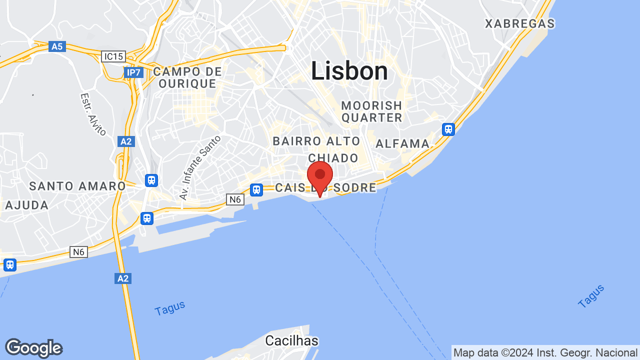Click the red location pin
[320, 176]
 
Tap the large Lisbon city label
[349, 71]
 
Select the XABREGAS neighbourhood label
[520, 23]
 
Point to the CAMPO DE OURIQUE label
[187, 77]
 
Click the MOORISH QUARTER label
[372, 111]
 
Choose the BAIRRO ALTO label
[316, 141]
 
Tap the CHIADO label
[333, 158]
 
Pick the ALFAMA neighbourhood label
[402, 144]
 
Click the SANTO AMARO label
[77, 186]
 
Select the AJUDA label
[27, 205]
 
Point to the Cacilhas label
[291, 341]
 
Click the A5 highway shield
[57, 46]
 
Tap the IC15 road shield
[113, 56]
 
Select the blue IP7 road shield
[134, 72]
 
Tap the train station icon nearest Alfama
[448, 129]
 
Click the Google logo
[33, 348]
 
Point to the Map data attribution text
[545, 352]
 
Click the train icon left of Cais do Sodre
[256, 189]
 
